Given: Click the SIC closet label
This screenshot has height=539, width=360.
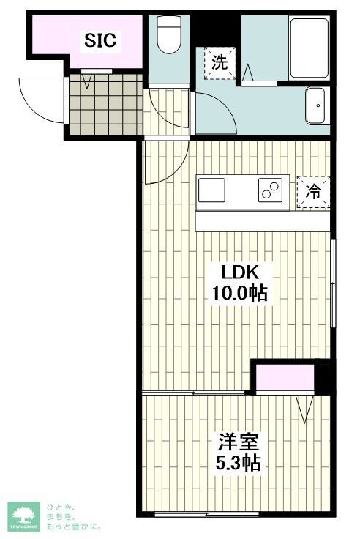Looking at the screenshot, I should pyautogui.click(x=101, y=40).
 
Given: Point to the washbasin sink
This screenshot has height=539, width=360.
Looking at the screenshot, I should pyautogui.click(x=318, y=106).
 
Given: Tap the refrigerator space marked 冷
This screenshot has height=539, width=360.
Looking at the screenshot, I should pyautogui.click(x=313, y=193).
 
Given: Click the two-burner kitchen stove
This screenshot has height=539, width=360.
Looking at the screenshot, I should pyautogui.click(x=269, y=190).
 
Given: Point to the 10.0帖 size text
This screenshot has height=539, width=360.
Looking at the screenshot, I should pyautogui.click(x=239, y=294).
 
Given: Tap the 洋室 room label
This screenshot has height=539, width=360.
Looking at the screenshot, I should pyautogui.click(x=238, y=442).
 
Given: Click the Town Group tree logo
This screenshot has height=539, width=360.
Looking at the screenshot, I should pyautogui.click(x=23, y=516).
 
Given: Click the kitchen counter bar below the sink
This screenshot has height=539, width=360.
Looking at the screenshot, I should pyautogui.click(x=263, y=221).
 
